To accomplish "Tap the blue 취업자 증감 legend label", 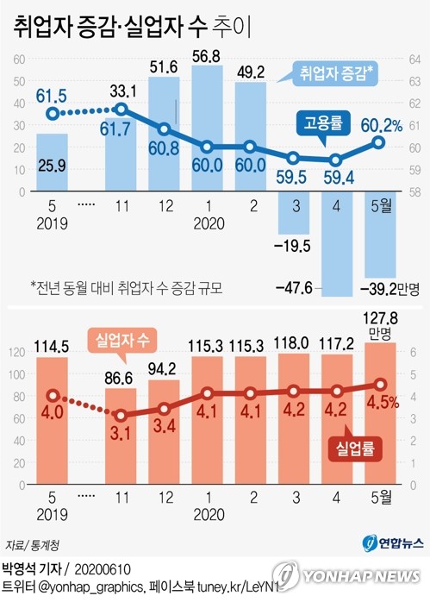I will coord(337,73).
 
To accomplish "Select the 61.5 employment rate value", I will coord(53,94).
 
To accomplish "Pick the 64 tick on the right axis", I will coord(414,60).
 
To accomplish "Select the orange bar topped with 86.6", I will coord(122,431).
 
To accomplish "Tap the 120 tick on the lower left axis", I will coord(16,352).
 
